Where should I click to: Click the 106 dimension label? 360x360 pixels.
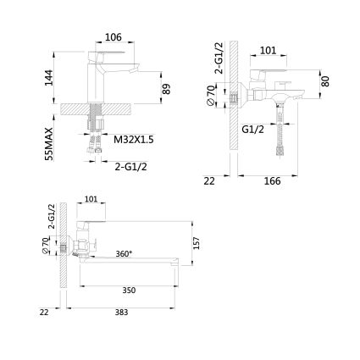pos(114,37)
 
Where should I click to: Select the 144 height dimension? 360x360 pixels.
pos(48,77)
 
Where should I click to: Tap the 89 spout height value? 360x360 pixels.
pos(167,89)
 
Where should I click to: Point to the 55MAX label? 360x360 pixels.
pos(49,144)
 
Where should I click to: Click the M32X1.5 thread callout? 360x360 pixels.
pos(134,139)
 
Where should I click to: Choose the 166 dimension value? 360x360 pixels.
pos(273,181)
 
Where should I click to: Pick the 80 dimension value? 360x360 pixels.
pos(325,81)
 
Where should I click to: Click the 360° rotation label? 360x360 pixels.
pos(124,253)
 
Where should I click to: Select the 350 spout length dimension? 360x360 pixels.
pos(129,291)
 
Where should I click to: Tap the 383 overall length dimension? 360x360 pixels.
pos(121,312)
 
